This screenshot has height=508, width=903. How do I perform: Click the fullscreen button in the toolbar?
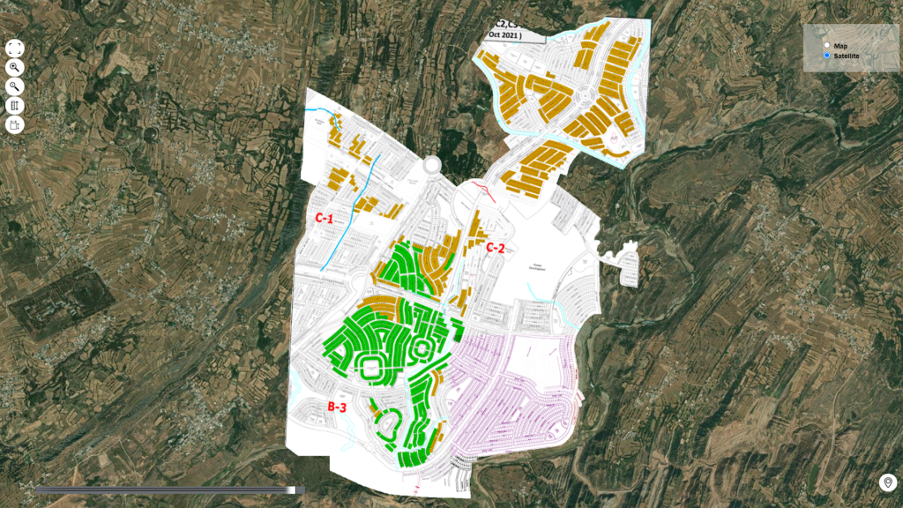click(15, 48)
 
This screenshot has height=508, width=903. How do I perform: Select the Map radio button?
click(826, 45)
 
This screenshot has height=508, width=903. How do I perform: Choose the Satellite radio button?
click(826, 56)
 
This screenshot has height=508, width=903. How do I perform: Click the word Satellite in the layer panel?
click(847, 56)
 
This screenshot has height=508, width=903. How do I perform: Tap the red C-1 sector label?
click(324, 216)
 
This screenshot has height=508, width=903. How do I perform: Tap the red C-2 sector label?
click(495, 248)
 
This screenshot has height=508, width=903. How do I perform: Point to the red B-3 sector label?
click(336, 407)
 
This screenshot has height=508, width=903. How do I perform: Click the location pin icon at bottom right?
click(887, 482)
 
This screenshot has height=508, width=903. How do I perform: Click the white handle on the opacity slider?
click(292, 489)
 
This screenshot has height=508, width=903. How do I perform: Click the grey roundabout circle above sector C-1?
click(432, 165)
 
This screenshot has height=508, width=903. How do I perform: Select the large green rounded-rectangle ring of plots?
click(370, 368)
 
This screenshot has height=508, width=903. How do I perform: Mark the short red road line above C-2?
click(484, 190)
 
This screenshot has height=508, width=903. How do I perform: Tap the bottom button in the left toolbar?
click(15, 125)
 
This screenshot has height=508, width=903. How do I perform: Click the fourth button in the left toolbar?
click(15, 106)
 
